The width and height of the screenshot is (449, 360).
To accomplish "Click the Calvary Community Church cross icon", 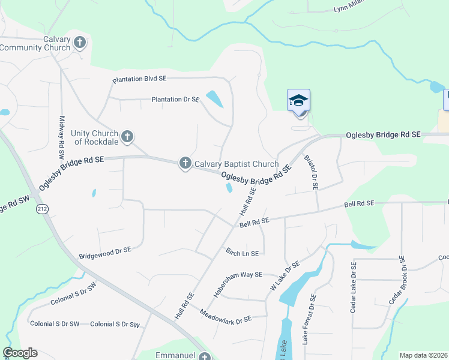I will point(80,43).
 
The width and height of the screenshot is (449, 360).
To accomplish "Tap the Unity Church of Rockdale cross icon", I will point(127,137).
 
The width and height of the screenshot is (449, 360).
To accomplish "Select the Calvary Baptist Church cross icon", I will point(185,163).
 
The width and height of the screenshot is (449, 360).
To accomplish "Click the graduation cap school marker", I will point(298,100).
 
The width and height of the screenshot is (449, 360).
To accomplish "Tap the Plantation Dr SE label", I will point(175,99).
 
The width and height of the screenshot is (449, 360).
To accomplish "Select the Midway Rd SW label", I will point(61,137).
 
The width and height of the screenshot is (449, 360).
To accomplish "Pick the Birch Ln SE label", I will point(242,253).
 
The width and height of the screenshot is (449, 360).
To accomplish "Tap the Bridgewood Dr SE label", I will point(104,250).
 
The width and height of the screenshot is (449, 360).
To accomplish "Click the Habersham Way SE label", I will point(238,284).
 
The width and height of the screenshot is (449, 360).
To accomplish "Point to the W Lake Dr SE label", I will point(286,274).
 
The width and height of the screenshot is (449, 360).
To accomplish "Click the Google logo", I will point(20,353).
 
